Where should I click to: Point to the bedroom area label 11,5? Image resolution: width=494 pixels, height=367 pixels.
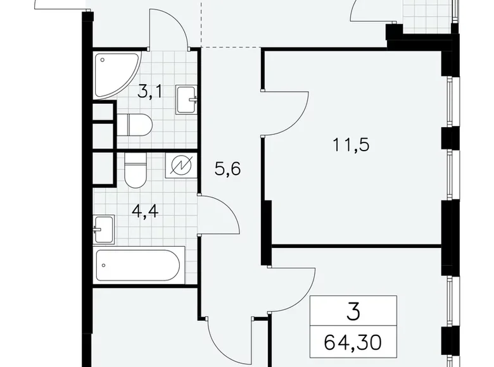[x=351, y=145]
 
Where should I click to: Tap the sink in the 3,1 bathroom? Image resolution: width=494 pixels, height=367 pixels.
[x=187, y=99]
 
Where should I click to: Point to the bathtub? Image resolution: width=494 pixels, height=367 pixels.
[x=140, y=268]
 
